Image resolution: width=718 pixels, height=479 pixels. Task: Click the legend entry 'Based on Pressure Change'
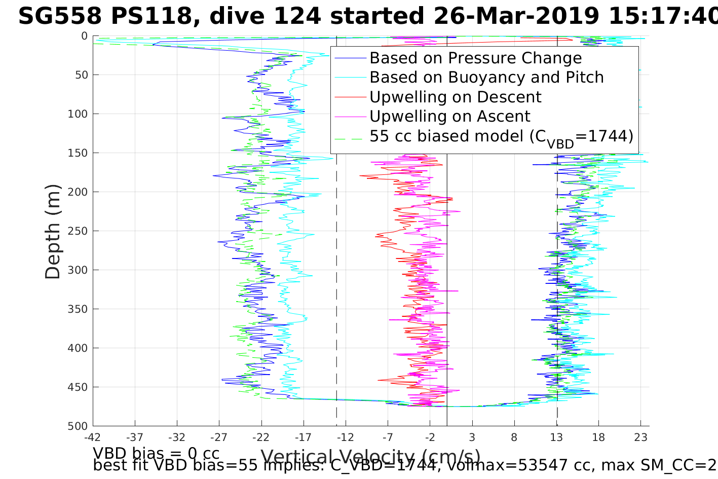pyautogui.click(x=475, y=58)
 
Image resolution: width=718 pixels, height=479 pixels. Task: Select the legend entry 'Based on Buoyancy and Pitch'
pyautogui.click(x=486, y=78)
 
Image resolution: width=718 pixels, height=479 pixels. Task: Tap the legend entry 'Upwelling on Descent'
pyautogui.click(x=455, y=97)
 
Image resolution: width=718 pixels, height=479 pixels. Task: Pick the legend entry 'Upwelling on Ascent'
pyautogui.click(x=449, y=117)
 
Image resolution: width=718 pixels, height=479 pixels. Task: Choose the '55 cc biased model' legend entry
pyautogui.click(x=501, y=136)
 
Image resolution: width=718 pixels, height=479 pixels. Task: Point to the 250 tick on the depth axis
pyautogui.click(x=78, y=231)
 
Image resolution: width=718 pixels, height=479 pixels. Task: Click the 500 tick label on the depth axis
pyautogui.click(x=78, y=426)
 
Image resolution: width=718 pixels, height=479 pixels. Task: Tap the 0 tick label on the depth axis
pyautogui.click(x=84, y=36)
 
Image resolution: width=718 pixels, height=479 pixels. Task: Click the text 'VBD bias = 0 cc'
pyautogui.click(x=156, y=453)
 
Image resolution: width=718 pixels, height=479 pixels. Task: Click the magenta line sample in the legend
pyautogui.click(x=350, y=117)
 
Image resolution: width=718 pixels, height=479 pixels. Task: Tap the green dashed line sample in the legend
pyautogui.click(x=350, y=136)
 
